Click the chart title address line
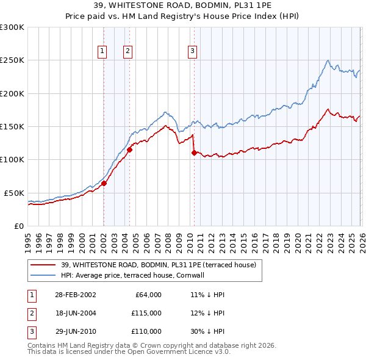(183, 5)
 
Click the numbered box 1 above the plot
(102, 51)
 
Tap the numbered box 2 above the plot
(128, 51)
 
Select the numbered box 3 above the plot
(192, 51)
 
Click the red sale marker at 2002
(104, 183)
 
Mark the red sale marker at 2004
(129, 149)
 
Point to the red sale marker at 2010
(194, 153)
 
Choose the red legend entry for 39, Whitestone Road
(162, 264)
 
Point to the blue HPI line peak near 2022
(328, 60)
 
